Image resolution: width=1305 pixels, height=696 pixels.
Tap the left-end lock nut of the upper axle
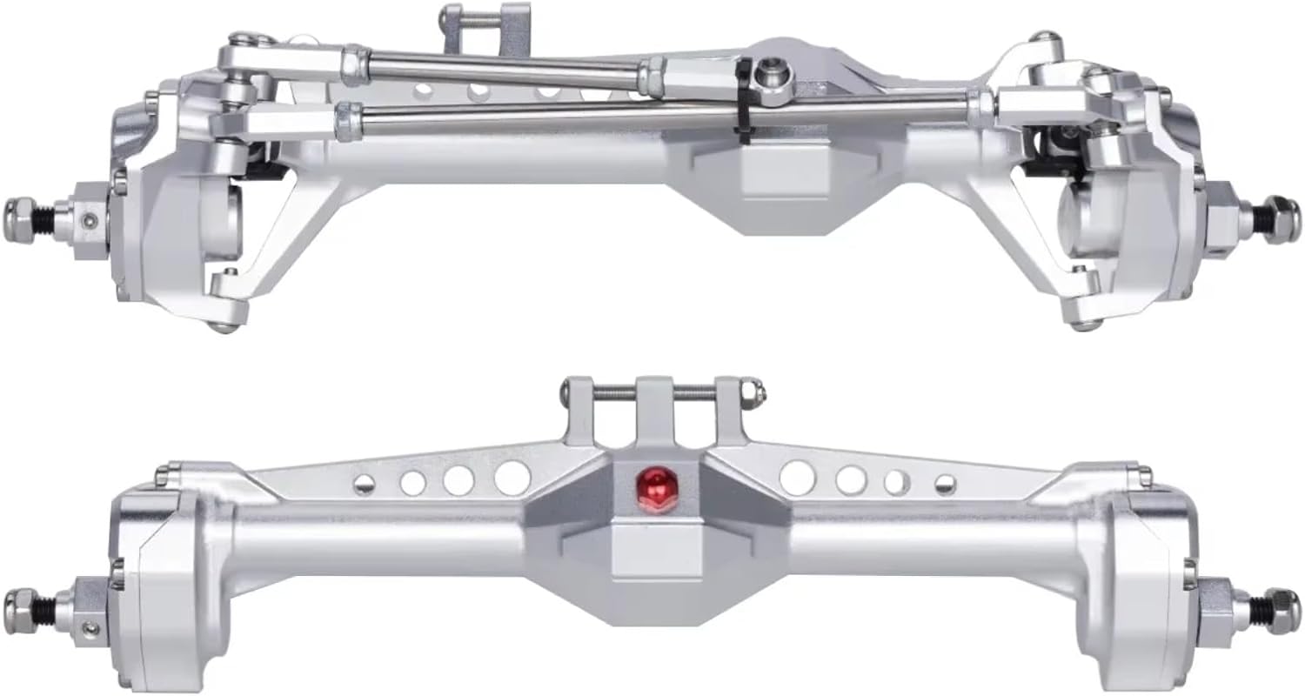[x=20, y=211]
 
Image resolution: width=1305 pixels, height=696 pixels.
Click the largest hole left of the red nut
[x=512, y=477]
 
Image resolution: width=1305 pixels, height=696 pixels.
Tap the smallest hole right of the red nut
[x=944, y=484]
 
